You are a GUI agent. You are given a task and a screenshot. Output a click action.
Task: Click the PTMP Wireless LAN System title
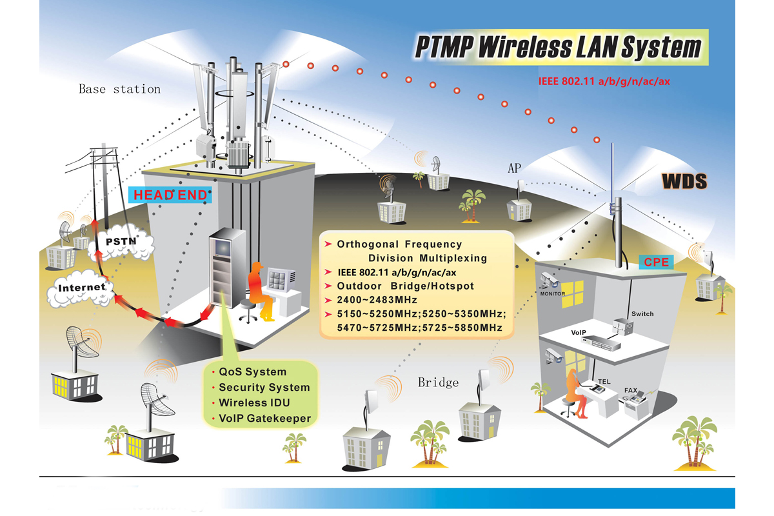tap(557, 47)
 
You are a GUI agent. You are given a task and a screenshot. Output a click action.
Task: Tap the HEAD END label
tap(171, 195)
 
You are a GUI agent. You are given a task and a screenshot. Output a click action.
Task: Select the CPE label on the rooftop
tap(655, 262)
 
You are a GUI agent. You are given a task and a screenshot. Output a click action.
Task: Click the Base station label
tap(119, 89)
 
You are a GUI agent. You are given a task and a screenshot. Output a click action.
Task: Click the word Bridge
tap(438, 382)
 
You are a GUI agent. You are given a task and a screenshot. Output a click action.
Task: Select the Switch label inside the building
tap(642, 314)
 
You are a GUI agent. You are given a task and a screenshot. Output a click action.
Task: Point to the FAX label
tap(630, 391)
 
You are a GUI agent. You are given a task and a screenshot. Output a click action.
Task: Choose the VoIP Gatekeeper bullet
tap(264, 418)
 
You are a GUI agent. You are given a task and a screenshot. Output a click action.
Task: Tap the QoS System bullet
tap(252, 372)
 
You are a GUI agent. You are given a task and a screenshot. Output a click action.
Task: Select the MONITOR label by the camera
tap(553, 294)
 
